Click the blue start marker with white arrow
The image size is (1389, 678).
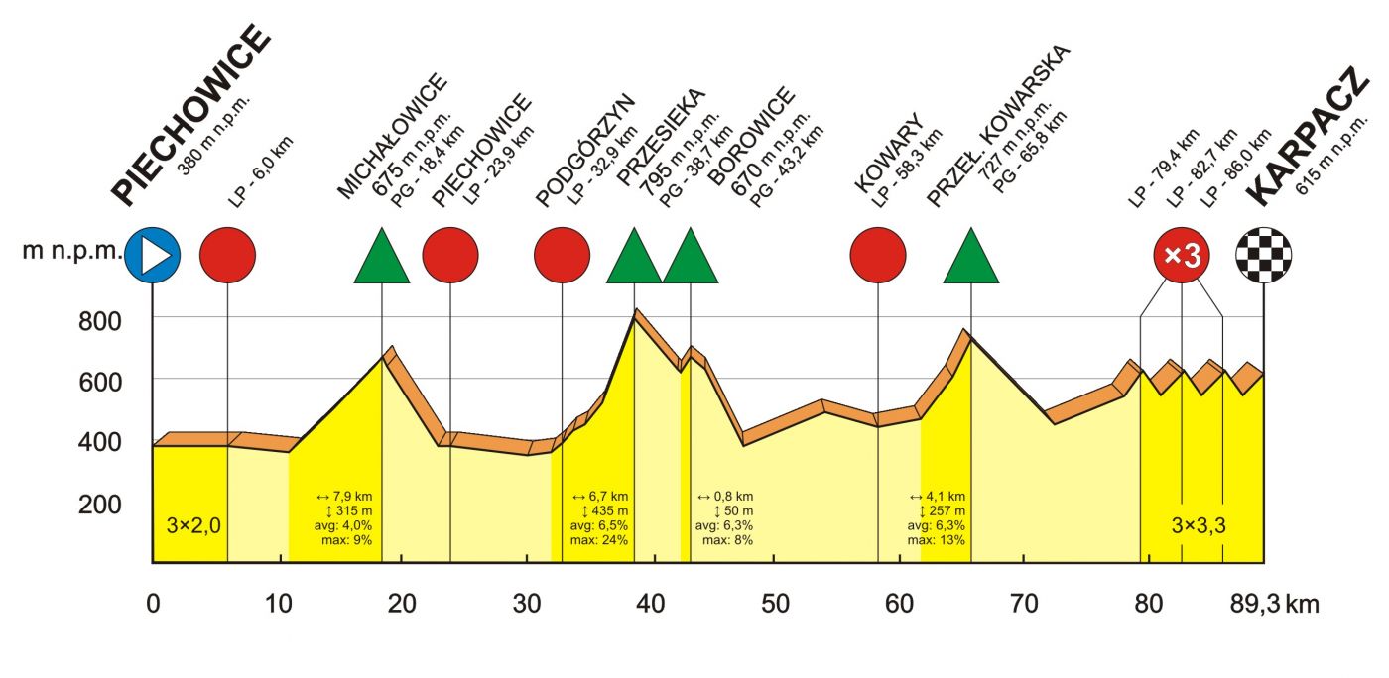pos(152,255)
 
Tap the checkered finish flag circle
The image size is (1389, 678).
pos(1263,255)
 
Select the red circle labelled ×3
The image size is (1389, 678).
pos(1181,255)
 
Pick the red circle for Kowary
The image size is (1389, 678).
pos(878,255)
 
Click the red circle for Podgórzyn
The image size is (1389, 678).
pos(563,255)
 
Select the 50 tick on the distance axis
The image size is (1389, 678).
pos(775,603)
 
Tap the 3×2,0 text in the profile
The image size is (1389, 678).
pos(192,525)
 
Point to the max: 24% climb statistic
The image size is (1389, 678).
pos(598,540)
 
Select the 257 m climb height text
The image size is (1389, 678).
pos(940,510)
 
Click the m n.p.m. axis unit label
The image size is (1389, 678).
pos(72,253)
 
